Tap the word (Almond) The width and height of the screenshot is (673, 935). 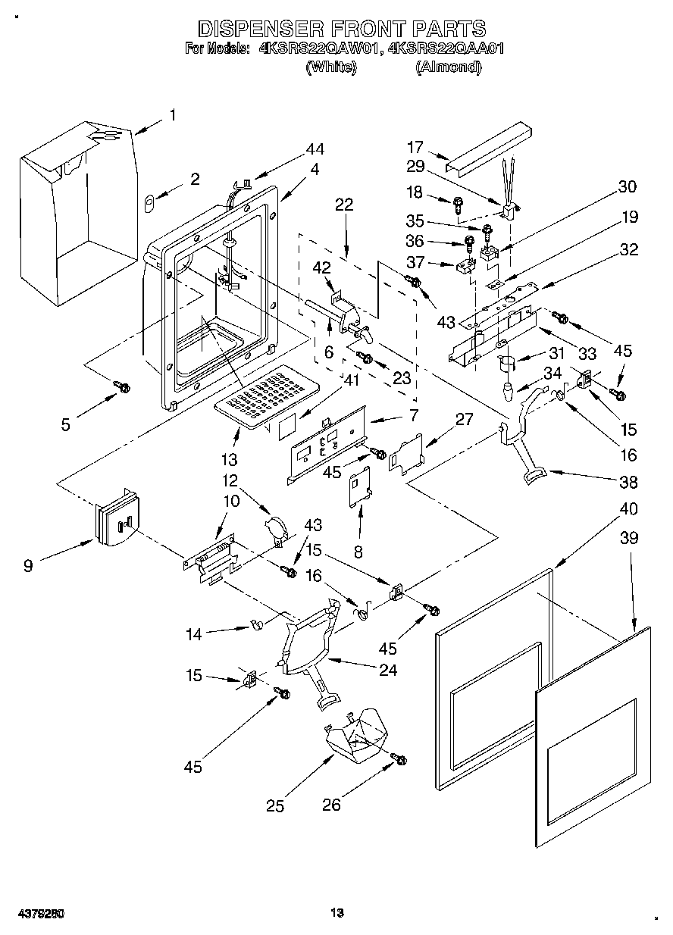(449, 67)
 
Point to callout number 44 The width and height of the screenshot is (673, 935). (315, 149)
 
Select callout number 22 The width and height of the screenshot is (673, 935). (344, 204)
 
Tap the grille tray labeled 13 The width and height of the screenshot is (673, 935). (266, 396)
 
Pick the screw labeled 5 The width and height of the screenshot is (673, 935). (122, 386)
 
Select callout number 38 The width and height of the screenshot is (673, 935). (629, 482)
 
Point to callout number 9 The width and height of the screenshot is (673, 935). (28, 566)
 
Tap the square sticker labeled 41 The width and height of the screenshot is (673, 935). (287, 427)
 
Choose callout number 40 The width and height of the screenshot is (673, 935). (629, 509)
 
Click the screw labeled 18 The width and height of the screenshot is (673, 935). (458, 205)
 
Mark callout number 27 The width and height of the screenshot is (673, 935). (464, 419)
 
